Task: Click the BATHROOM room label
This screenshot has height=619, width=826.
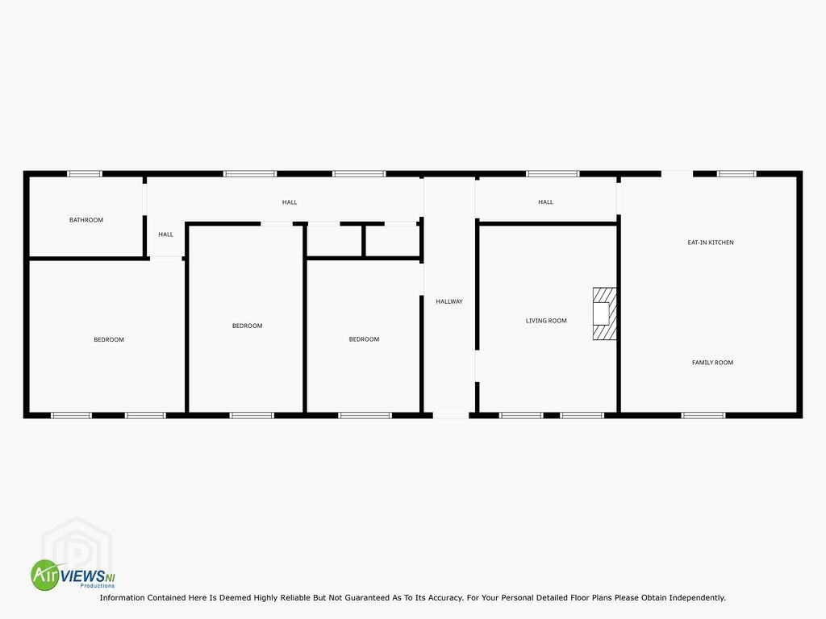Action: coord(86,220)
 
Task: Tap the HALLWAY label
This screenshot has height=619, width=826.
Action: coord(449,301)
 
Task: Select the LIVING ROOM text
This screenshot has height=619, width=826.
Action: coord(546,321)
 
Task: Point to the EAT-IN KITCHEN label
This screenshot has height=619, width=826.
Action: coord(711,243)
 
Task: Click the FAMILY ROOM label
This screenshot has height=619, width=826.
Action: coord(713,363)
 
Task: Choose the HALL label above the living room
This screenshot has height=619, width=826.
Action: coord(546,202)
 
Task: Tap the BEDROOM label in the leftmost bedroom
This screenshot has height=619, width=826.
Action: coord(109,340)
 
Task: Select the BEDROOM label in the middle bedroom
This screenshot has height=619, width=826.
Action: coord(248,326)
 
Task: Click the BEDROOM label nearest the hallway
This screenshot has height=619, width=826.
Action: coord(364,339)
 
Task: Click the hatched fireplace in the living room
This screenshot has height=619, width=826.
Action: coord(605,314)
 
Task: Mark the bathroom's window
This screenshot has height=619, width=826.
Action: coord(84,174)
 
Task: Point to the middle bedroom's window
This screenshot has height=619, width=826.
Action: coord(252,415)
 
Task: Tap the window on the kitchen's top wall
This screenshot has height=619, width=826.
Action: coord(736,174)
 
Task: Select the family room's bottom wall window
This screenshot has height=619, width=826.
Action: coord(703,415)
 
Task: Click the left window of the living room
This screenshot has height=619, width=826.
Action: coord(521,415)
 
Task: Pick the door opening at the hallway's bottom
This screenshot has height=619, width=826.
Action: coord(451,415)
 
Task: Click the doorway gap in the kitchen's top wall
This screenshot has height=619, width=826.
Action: coord(677,174)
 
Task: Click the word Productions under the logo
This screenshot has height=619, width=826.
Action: coord(98,586)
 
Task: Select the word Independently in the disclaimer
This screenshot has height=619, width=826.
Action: coord(697,598)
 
